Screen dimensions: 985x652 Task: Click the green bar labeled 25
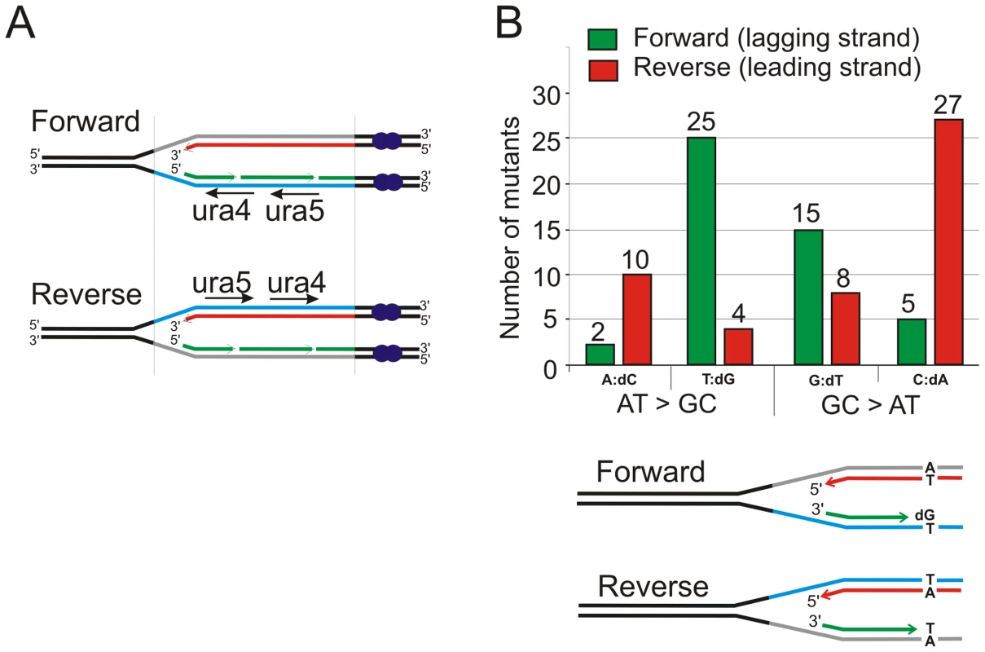point(701,251)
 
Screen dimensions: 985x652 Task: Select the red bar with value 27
point(948,242)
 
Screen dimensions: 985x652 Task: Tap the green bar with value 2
point(600,355)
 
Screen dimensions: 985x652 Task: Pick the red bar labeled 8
point(845,328)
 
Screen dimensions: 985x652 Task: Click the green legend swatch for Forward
point(602,39)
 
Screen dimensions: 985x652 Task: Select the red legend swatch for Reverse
point(604,70)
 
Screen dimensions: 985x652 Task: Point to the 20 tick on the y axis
point(546,185)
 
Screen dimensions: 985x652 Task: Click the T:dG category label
point(718,379)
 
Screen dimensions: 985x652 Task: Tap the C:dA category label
point(930,379)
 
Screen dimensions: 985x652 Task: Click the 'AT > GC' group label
point(666,404)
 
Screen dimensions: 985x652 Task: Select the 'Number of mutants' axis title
point(510,228)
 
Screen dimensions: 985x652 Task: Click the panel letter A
point(20,24)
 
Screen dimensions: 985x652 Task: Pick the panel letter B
point(508,24)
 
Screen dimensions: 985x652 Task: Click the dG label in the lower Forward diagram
point(925,515)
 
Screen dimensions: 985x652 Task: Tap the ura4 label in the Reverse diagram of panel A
point(297,282)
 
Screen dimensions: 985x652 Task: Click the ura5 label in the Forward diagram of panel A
point(295,211)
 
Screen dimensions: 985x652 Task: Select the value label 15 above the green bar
point(806,213)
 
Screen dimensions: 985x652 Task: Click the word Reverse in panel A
point(86,294)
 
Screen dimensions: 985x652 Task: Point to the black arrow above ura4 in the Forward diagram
point(230,193)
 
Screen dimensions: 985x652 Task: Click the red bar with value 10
point(637,319)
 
